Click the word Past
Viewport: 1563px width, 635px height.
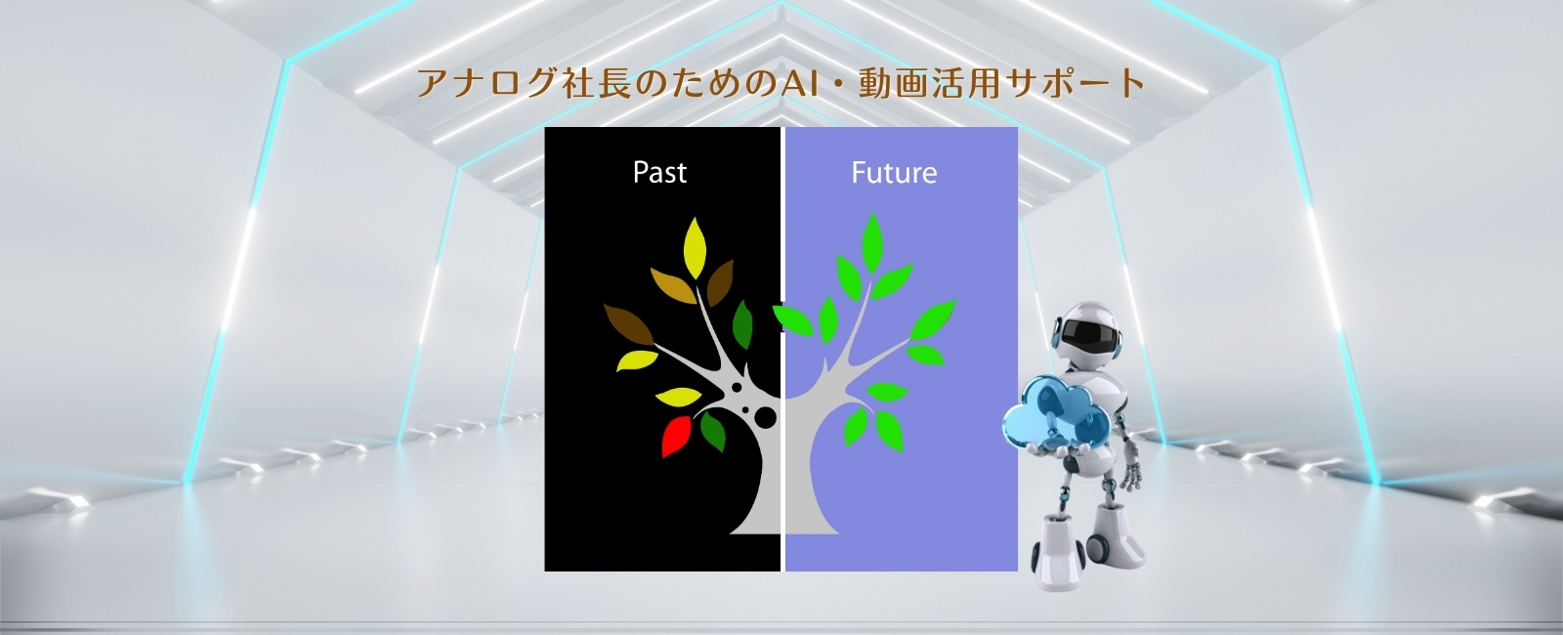pos(659,172)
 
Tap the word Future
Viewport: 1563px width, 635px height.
pos(894,172)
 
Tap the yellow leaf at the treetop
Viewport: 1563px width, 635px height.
pos(695,248)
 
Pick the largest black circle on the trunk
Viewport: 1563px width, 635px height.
pos(766,417)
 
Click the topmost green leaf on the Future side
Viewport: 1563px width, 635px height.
pos(872,242)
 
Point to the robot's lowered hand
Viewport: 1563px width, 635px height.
pos(1129,475)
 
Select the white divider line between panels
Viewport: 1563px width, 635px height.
pos(782,349)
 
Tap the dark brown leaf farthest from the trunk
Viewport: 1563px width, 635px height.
pos(629,324)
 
